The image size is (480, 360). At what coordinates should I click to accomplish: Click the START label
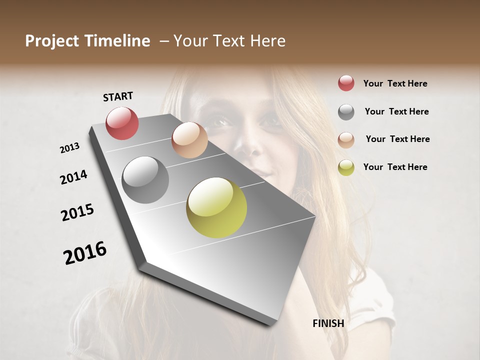click(x=118, y=96)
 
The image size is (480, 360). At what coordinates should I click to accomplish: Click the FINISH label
click(x=328, y=323)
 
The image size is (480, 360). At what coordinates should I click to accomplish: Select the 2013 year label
click(x=70, y=148)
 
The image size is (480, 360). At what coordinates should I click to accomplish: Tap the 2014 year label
click(x=73, y=177)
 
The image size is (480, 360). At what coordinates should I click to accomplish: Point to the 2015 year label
click(x=77, y=212)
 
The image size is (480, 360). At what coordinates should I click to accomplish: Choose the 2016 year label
click(x=85, y=253)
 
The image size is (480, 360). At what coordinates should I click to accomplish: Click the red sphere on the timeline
click(x=122, y=123)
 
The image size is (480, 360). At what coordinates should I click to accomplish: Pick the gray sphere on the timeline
click(x=145, y=180)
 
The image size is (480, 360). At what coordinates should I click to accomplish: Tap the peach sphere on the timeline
click(x=189, y=140)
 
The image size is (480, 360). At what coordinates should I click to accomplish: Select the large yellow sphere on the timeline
click(x=216, y=207)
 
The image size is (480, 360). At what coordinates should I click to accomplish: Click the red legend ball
click(x=346, y=83)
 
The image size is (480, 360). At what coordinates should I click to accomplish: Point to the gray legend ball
click(x=346, y=112)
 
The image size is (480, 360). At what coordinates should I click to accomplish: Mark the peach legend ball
click(x=346, y=140)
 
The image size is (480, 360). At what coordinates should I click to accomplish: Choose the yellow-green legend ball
click(x=346, y=167)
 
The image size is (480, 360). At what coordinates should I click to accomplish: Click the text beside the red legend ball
click(x=395, y=83)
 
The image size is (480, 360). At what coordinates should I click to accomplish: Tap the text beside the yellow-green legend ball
click(x=395, y=167)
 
